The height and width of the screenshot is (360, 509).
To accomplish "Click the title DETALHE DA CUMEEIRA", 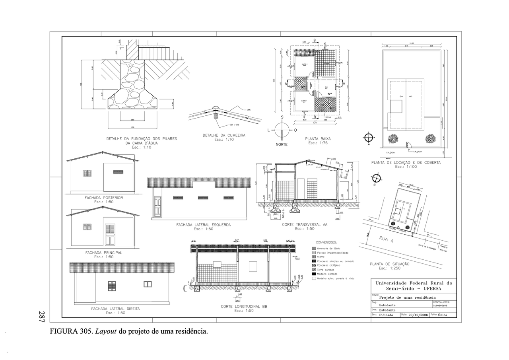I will tap(224, 135).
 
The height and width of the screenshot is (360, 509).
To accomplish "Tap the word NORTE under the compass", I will tap(281, 144).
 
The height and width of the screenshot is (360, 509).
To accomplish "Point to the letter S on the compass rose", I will tap(282, 117).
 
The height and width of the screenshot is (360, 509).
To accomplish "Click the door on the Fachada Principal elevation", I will tap(110, 234).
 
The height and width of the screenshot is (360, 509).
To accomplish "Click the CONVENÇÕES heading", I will tap(326, 242).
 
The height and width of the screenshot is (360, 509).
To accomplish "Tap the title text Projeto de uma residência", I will tap(408, 297).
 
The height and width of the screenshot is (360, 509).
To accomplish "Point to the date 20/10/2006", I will tap(418, 315).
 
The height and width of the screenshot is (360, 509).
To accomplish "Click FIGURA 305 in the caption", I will tap(70, 331).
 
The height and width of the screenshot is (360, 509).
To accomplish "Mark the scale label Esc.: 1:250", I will tap(389, 268).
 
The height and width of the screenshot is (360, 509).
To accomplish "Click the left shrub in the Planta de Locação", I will tap(393, 138).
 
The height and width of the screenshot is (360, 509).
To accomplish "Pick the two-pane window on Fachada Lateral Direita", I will tap(148, 284).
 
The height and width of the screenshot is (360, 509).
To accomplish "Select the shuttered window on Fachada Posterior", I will tap(87, 173).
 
